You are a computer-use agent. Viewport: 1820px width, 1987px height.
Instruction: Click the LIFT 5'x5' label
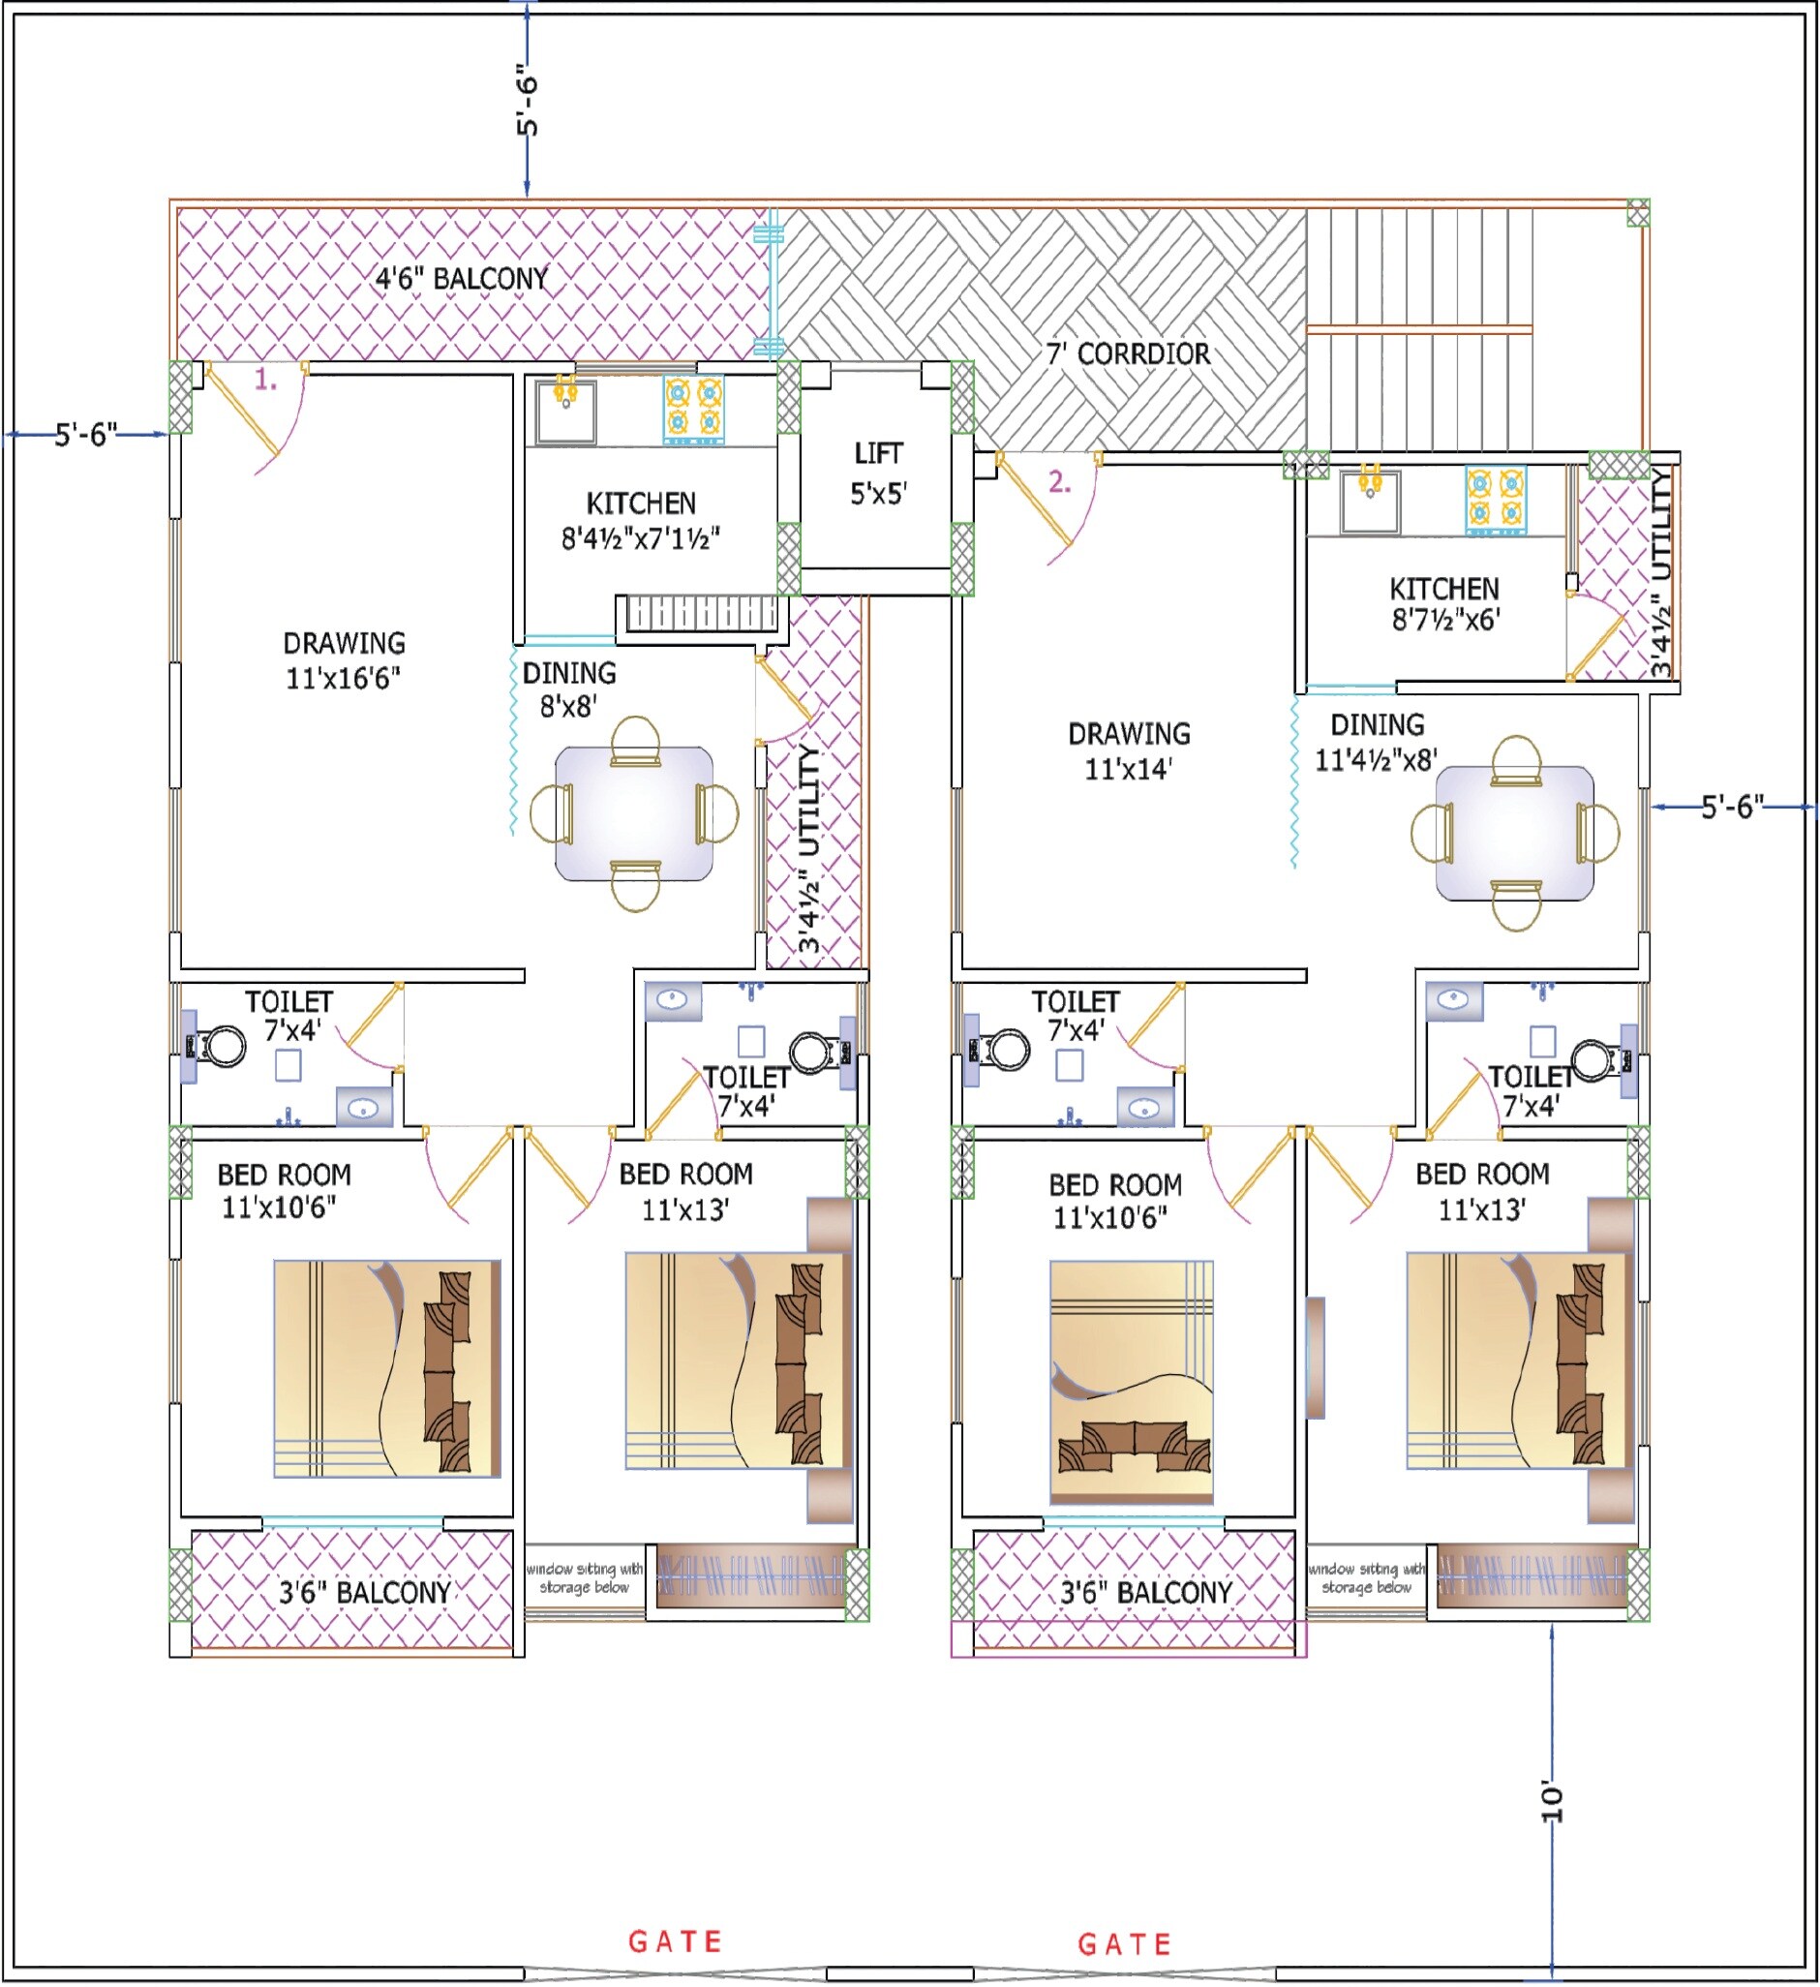878,474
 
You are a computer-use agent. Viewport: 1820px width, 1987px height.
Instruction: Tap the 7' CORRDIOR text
1127,353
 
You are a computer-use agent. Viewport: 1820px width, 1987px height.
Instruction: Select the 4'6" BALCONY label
461,279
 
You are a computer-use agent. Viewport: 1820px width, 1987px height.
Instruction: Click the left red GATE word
676,1941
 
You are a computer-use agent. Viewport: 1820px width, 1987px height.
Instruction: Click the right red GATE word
1124,1944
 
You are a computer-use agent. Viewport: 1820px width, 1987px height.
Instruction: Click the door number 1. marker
266,380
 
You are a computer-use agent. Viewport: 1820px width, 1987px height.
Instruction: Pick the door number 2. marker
1059,482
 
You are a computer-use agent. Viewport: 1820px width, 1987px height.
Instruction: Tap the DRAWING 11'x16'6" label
344,660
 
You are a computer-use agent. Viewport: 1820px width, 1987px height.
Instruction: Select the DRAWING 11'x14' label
1129,751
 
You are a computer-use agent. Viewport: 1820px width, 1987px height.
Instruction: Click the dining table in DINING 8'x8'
635,814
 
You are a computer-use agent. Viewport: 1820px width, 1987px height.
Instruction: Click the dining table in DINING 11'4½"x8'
1514,834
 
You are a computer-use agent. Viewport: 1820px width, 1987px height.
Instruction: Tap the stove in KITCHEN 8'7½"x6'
1495,500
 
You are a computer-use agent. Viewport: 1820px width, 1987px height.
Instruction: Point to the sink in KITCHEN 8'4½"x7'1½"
565,411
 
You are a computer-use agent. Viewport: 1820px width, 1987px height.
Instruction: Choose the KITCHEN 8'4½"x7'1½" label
641,521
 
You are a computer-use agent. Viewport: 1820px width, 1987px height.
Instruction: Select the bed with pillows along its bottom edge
1132,1382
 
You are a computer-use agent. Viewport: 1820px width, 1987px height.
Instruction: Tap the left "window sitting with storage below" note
585,1578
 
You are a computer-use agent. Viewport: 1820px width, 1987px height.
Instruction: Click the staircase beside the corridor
1420,330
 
